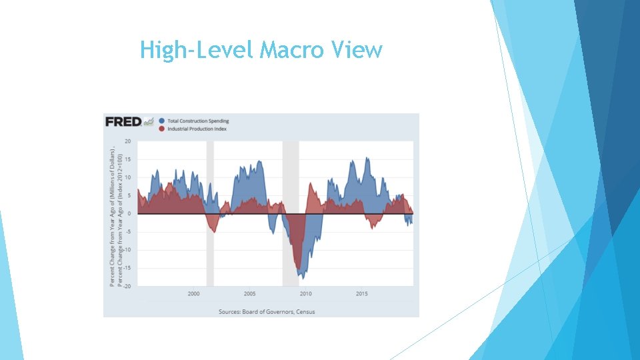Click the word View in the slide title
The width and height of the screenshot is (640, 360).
click(x=359, y=50)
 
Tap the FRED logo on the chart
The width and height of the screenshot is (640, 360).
click(x=124, y=121)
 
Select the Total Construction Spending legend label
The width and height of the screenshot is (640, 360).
click(x=198, y=121)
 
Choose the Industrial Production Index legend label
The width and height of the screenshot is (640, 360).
click(x=197, y=128)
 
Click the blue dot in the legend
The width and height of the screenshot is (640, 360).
click(x=162, y=121)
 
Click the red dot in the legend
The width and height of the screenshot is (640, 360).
click(x=162, y=128)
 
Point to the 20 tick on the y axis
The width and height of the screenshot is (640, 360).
click(x=127, y=141)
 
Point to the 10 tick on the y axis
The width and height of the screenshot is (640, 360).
click(x=127, y=177)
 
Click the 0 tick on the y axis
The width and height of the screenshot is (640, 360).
click(x=129, y=213)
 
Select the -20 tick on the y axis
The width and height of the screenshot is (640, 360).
click(x=127, y=285)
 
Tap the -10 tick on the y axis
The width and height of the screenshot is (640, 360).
click(x=127, y=249)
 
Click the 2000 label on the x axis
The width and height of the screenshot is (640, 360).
click(x=193, y=293)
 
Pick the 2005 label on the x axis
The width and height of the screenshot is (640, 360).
click(x=249, y=293)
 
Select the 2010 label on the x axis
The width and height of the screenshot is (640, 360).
click(x=305, y=293)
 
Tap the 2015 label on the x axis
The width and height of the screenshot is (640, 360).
click(x=361, y=293)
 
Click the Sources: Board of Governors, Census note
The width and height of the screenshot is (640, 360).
click(x=267, y=311)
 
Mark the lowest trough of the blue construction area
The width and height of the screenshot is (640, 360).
click(x=302, y=277)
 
